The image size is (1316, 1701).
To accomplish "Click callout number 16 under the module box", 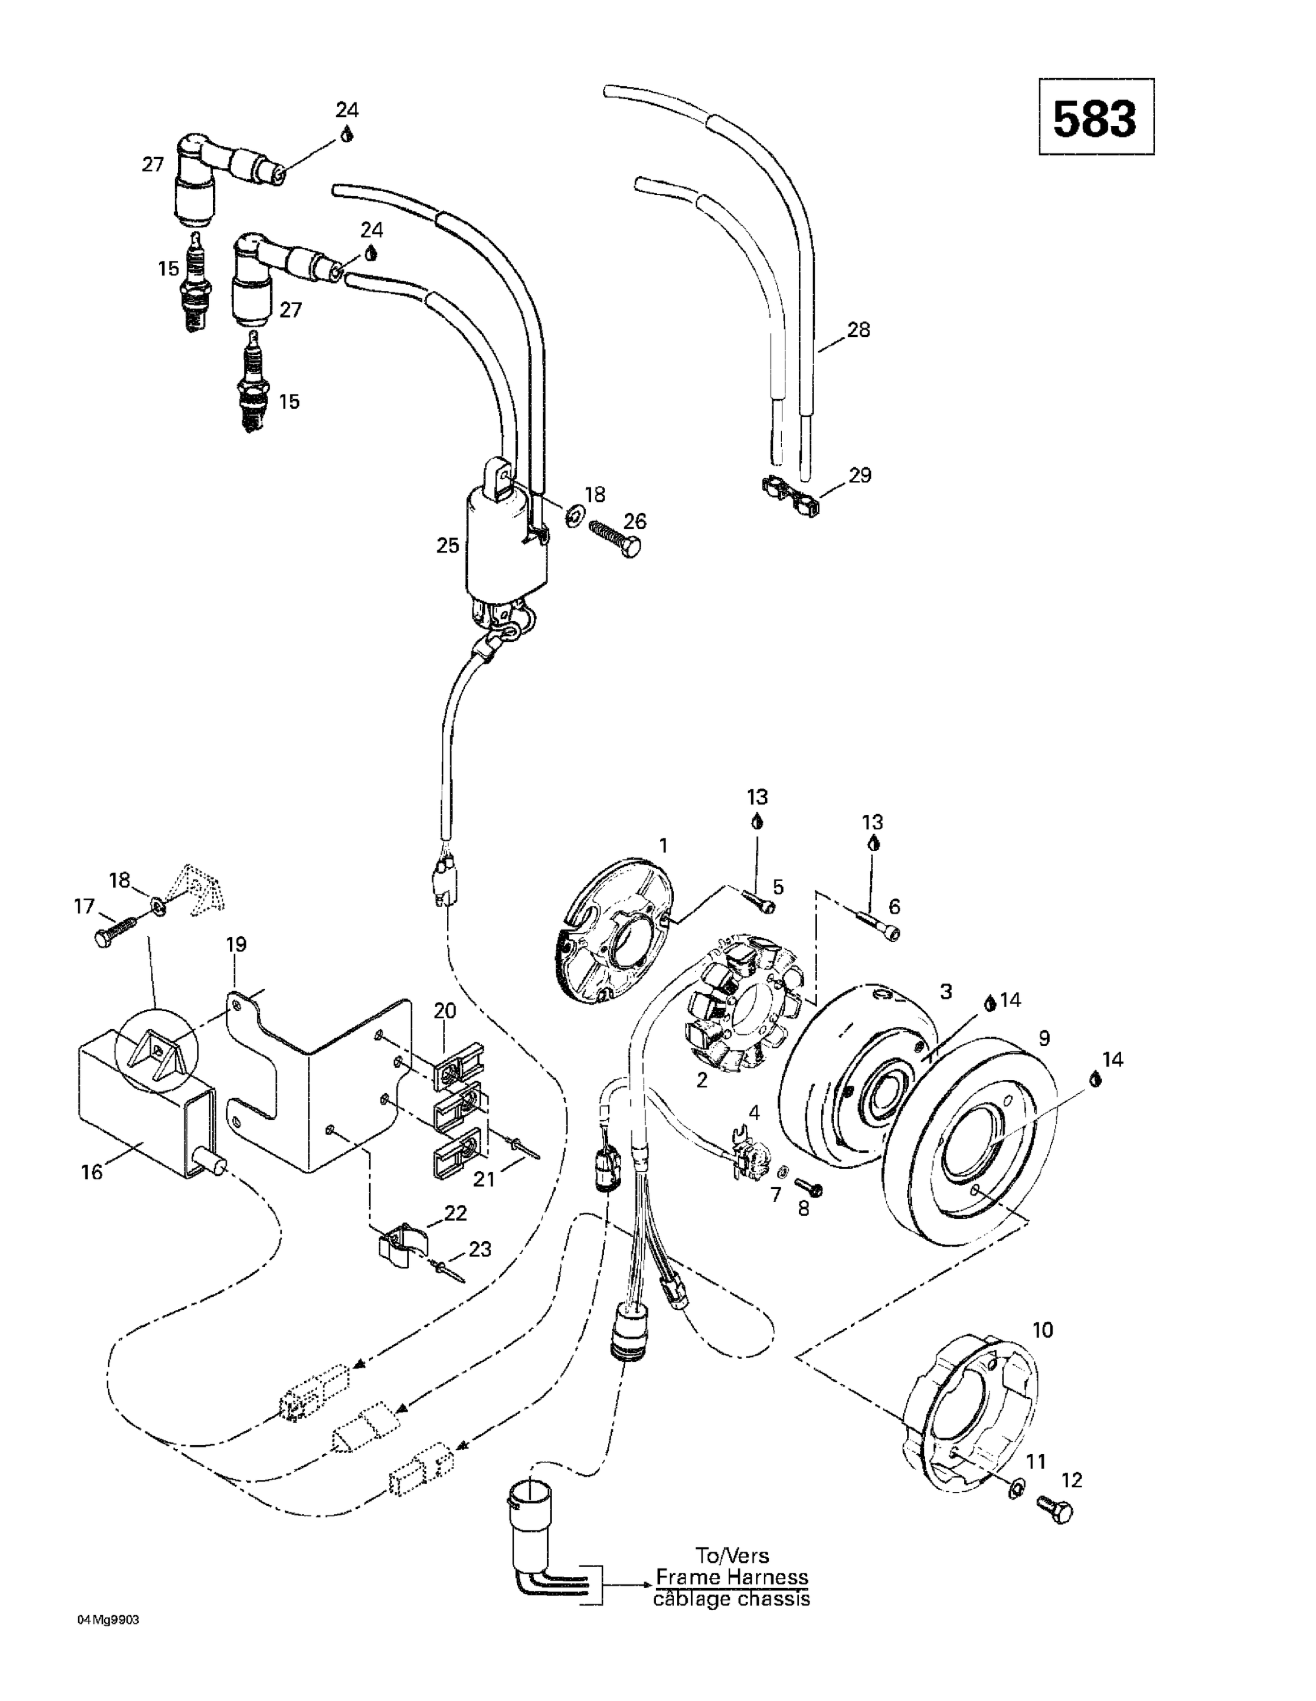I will [x=91, y=1171].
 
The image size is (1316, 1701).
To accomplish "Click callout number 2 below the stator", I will [x=701, y=1080].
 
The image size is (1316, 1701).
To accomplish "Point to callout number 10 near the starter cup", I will [x=1042, y=1330].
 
